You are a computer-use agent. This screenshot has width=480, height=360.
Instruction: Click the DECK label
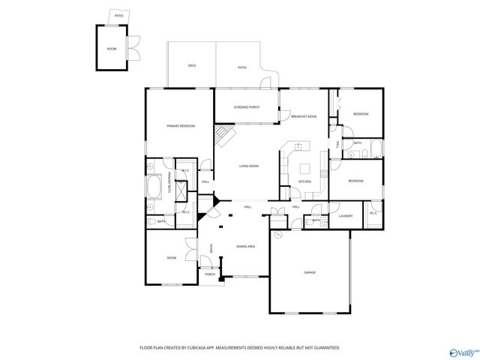point(192,66)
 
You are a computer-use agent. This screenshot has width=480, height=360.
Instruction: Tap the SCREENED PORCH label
point(246,107)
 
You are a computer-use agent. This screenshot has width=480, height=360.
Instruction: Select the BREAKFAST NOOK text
point(304,116)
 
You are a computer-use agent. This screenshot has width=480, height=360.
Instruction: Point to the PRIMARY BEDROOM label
point(181,126)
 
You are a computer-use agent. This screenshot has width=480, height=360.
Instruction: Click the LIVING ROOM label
point(249,166)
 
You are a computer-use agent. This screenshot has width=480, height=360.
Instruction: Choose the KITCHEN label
point(304,181)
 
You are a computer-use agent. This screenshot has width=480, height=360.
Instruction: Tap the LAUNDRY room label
point(346,216)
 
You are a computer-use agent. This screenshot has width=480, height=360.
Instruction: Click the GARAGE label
point(309,271)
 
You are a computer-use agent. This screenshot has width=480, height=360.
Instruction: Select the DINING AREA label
point(246,247)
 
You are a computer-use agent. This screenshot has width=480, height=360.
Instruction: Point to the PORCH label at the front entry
point(210,274)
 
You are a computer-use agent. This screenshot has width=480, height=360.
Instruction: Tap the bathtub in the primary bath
point(154,187)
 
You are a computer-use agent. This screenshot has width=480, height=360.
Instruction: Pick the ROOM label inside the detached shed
point(112,48)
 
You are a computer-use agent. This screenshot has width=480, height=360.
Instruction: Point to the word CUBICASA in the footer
point(198,348)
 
